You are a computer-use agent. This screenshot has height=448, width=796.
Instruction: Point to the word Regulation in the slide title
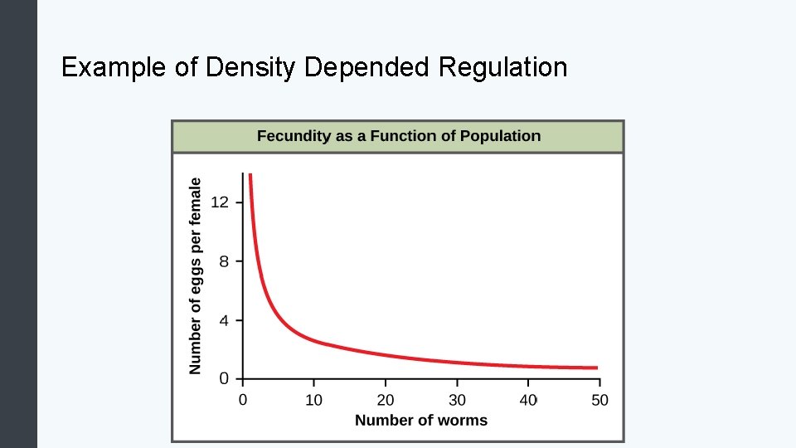pyautogui.click(x=503, y=67)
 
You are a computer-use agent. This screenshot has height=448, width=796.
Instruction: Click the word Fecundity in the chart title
pyautogui.click(x=294, y=136)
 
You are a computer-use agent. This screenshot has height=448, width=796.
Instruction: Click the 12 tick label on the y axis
pyautogui.click(x=220, y=202)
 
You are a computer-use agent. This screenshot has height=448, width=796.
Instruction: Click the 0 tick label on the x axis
pyautogui.click(x=243, y=400)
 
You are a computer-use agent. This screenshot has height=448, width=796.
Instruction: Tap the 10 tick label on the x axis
pyautogui.click(x=314, y=400)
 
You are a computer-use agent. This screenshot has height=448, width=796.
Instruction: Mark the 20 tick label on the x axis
pyautogui.click(x=386, y=400)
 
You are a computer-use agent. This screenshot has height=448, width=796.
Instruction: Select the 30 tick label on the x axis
pyautogui.click(x=457, y=400)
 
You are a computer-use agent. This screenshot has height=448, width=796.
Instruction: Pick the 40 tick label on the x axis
pyautogui.click(x=528, y=400)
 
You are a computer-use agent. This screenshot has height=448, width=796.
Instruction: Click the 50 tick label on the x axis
pyautogui.click(x=599, y=400)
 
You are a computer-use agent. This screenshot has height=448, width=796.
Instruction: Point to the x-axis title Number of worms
pyautogui.click(x=421, y=421)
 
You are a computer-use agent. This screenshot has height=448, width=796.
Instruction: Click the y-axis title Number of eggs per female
pyautogui.click(x=196, y=275)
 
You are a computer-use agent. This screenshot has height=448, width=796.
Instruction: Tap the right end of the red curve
pyautogui.click(x=595, y=368)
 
